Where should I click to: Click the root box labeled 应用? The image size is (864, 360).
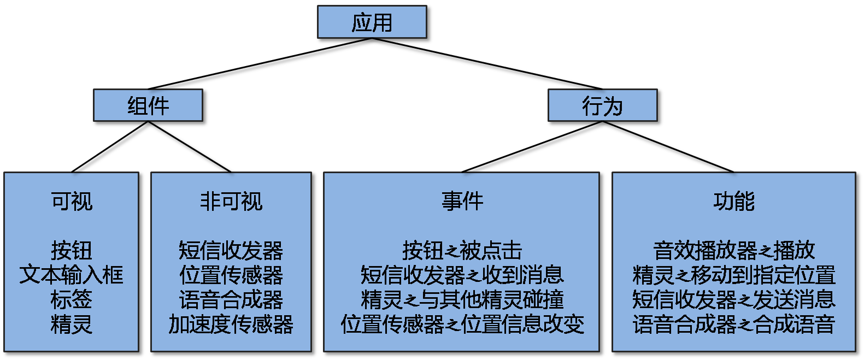tap(373, 23)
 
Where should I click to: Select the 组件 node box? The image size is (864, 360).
tap(149, 106)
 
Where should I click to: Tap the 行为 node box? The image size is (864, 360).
tap(603, 106)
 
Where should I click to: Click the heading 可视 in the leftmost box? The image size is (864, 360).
tap(72, 202)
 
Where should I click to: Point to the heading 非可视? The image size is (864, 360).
tap(231, 202)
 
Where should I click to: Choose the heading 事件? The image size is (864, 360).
tap(462, 202)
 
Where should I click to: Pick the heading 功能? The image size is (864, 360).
tap(733, 202)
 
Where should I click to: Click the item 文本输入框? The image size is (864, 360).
tap(72, 275)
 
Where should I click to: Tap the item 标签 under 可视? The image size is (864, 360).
tap(72, 299)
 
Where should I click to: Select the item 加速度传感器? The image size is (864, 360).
tap(231, 324)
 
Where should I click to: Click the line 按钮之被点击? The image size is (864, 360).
tap(462, 251)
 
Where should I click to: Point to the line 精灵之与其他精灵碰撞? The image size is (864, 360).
tap(462, 299)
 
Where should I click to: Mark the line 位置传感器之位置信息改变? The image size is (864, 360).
tap(462, 324)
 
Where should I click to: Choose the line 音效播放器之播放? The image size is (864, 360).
tap(733, 251)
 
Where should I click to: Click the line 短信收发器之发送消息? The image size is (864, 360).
tap(733, 299)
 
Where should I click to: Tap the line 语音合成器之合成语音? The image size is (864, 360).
tap(733, 324)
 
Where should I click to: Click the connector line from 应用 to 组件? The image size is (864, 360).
tap(257, 66)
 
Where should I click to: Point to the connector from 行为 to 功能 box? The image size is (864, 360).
tap(669, 149)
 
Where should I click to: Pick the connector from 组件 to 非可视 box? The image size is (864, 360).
tap(191, 149)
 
